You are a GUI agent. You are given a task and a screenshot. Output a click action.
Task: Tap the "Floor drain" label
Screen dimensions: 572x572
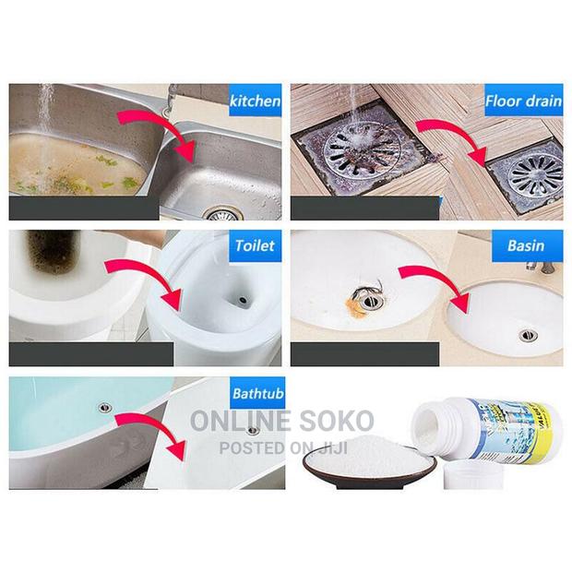524,99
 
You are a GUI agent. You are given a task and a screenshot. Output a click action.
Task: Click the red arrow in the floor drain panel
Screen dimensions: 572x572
452,138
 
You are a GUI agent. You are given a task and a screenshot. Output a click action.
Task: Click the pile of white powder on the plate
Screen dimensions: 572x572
369,462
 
